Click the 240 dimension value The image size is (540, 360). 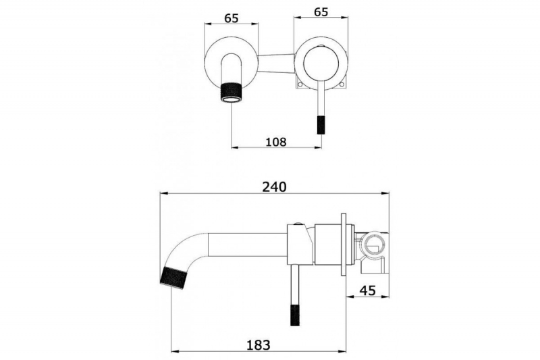click(x=274, y=186)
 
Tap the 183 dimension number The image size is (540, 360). click(x=259, y=344)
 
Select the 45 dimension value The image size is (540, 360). click(x=367, y=290)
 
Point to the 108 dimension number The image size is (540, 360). click(x=276, y=142)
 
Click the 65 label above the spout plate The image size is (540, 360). click(x=231, y=18)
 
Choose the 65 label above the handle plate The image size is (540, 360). click(x=321, y=11)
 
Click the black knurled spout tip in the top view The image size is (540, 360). click(x=231, y=93)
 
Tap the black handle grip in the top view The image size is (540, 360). click(x=321, y=125)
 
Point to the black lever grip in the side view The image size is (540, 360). click(x=295, y=315)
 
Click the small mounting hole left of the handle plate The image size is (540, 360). click(x=300, y=84)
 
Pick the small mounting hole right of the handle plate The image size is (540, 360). click(x=342, y=84)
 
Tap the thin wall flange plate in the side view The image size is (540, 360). click(x=344, y=245)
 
